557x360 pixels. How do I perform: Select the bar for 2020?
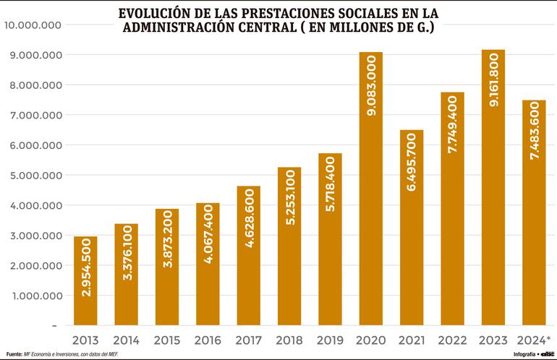[x=370, y=188]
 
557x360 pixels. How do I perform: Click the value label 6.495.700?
[x=412, y=171]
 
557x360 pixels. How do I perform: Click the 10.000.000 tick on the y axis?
[x=33, y=25]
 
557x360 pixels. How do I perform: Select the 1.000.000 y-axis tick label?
[x=35, y=296]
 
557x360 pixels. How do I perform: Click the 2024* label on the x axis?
[x=535, y=339]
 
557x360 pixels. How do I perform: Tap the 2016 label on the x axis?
[x=208, y=339]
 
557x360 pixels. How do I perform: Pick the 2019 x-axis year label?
[x=331, y=339]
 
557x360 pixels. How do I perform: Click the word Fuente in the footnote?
[x=14, y=353]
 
